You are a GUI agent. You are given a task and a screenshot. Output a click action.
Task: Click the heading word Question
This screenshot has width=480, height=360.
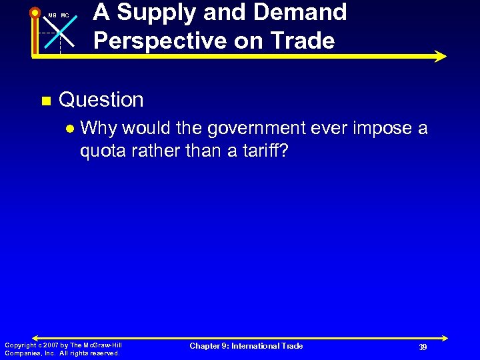tap(101, 100)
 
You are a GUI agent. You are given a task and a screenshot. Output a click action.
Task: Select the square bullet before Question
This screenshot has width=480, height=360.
tap(45, 101)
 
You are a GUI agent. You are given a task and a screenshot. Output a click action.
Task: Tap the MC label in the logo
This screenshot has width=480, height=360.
tap(65, 15)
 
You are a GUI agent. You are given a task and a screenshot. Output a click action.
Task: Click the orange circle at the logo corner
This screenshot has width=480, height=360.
tap(34, 12)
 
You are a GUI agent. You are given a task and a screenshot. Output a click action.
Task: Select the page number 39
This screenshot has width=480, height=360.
tap(423, 347)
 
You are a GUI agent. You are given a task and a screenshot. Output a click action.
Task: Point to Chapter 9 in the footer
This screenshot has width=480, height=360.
tap(209, 346)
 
